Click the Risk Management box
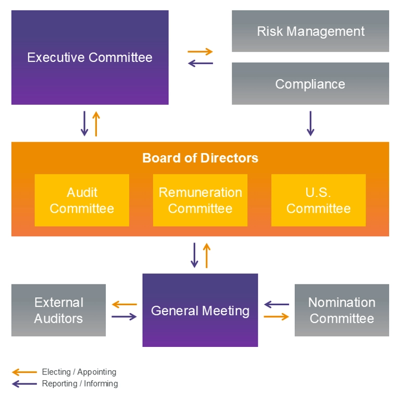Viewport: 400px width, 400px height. point(310,31)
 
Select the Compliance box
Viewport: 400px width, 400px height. point(310,83)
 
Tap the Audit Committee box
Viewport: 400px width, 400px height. point(82,200)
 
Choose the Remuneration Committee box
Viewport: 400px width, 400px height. point(200,200)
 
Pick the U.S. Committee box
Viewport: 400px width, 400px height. point(318,200)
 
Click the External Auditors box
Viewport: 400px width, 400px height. point(58,310)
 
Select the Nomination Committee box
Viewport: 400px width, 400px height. point(342,310)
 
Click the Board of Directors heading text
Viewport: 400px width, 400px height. point(200,158)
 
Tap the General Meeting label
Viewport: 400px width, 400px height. point(200,311)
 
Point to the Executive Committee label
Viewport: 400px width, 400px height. point(90,57)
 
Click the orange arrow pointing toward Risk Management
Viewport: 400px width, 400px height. point(200,52)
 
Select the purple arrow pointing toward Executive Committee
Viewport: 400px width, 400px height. point(200,63)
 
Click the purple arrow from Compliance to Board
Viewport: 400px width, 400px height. point(310,123)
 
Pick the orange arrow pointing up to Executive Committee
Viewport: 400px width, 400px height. point(96,123)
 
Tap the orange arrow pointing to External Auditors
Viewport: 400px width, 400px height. point(124,304)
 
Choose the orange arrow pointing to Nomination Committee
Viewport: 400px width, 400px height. point(276,317)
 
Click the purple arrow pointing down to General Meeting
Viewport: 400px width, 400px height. point(194,255)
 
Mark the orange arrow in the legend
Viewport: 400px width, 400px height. point(24,372)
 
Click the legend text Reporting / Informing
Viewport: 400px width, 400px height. point(80,384)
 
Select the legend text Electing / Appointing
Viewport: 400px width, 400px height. point(79,372)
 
